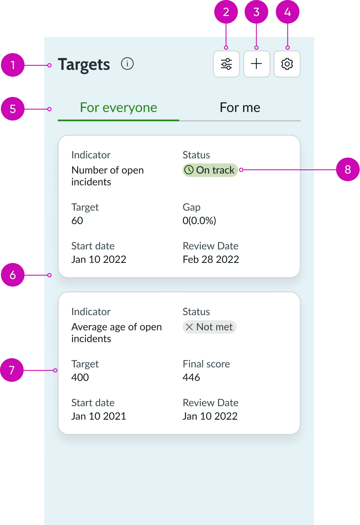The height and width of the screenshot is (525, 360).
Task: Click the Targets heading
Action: pyautogui.click(x=84, y=64)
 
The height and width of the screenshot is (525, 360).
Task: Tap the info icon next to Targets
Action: pyautogui.click(x=127, y=64)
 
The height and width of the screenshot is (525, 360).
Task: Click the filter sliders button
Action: pyautogui.click(x=226, y=64)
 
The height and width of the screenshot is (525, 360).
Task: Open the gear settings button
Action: pyautogui.click(x=287, y=64)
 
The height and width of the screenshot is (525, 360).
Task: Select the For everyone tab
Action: pyautogui.click(x=118, y=107)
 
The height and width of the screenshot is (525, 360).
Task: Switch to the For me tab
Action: pyautogui.click(x=240, y=107)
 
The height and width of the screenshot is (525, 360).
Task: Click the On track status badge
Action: pyautogui.click(x=210, y=170)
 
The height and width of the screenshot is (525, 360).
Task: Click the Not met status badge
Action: pyautogui.click(x=210, y=327)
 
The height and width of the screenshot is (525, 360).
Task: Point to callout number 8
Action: pyautogui.click(x=348, y=170)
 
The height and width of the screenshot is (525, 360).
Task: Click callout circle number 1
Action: pyautogui.click(x=13, y=65)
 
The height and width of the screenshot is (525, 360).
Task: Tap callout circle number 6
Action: pyautogui.click(x=13, y=275)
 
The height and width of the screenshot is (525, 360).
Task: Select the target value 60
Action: pyautogui.click(x=77, y=220)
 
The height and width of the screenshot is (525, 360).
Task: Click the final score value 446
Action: pyautogui.click(x=191, y=377)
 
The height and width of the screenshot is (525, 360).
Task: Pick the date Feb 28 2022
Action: pyautogui.click(x=211, y=259)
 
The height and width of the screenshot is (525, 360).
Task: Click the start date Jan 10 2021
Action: pyautogui.click(x=99, y=416)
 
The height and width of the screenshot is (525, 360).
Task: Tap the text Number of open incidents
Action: pyautogui.click(x=107, y=176)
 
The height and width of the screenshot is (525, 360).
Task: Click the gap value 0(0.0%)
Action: pyautogui.click(x=199, y=220)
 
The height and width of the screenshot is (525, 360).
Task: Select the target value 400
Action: pyautogui.click(x=80, y=377)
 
